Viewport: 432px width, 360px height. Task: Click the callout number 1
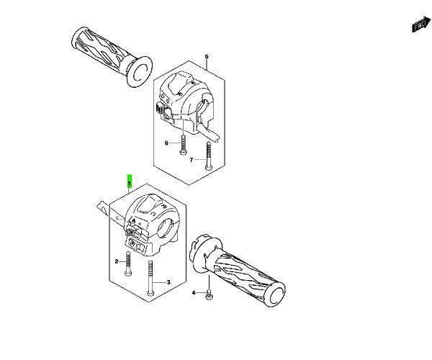pos(129,186)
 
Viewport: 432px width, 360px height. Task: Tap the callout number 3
pos(168,282)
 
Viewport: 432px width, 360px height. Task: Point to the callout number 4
pos(194,293)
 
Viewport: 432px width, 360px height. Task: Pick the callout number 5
pos(207,56)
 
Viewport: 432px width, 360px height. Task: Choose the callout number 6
pos(166,143)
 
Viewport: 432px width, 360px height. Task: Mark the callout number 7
pos(192,160)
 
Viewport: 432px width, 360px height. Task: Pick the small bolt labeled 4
pos(208,294)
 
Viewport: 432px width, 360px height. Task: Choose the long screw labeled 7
pos(209,155)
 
